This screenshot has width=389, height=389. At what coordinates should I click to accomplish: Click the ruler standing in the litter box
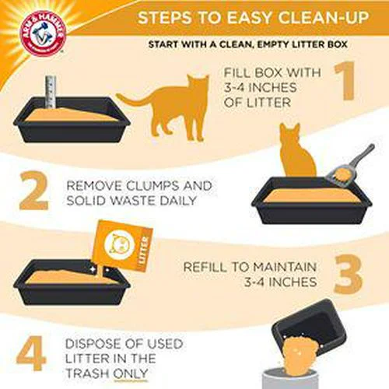(51, 92)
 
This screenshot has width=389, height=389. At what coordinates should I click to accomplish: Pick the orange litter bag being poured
(124, 247)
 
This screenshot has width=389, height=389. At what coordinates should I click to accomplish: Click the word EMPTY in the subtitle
(265, 44)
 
